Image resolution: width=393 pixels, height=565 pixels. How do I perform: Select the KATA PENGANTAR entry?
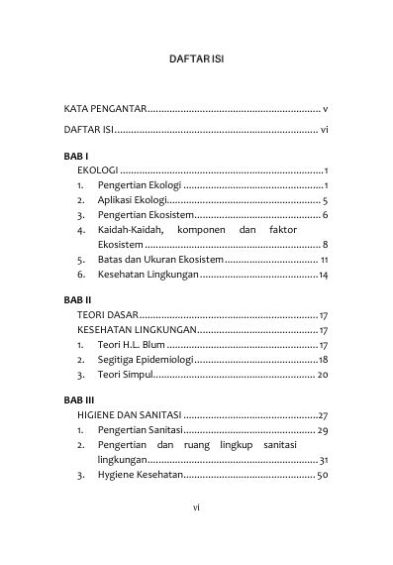point(106,107)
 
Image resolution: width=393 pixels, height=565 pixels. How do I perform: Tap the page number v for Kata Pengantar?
point(326,107)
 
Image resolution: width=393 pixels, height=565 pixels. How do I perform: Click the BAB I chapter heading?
point(75,157)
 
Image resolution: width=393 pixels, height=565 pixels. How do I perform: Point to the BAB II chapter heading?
point(77,298)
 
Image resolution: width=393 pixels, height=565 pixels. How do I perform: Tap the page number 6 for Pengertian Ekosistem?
point(325,215)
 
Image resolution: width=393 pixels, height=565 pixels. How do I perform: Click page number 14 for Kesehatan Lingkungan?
point(323,274)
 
